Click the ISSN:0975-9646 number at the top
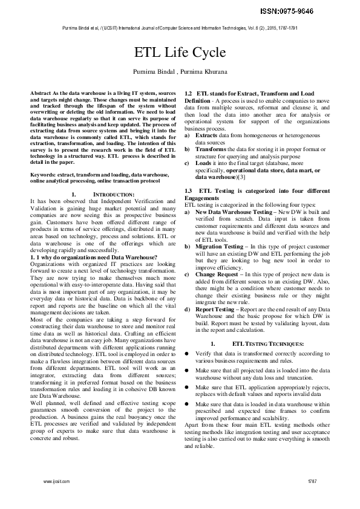point(321,11)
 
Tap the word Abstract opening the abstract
point(39,91)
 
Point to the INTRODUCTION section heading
point(114,193)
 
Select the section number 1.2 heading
point(188,94)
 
